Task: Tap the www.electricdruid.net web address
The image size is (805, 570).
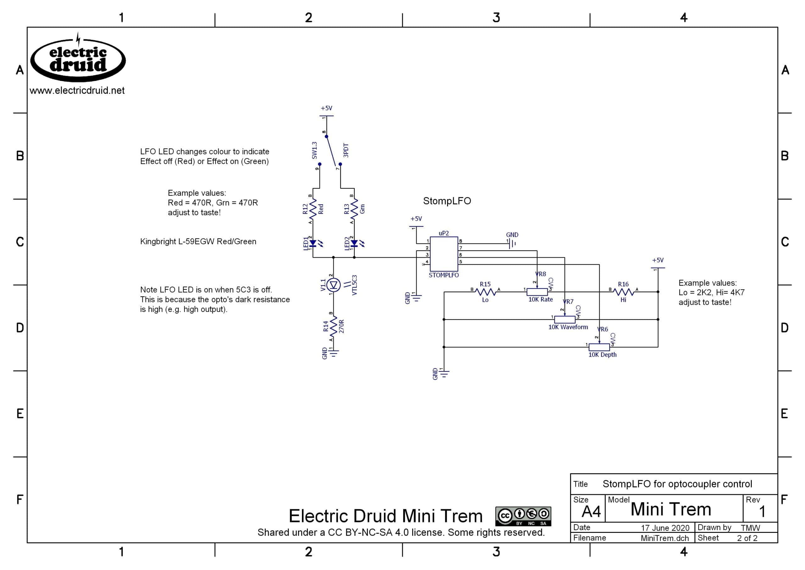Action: [77, 91]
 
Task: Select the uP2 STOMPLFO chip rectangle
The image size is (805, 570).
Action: [443, 254]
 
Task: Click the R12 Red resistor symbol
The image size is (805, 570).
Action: [313, 209]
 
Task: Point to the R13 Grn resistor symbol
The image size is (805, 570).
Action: [354, 209]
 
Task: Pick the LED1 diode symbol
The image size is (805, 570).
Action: [313, 243]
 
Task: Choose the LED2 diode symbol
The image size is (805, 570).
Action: [354, 243]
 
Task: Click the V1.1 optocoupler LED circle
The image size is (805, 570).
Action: [333, 285]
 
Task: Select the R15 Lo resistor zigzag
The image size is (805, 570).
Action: [485, 292]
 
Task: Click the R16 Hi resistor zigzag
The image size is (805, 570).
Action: [623, 292]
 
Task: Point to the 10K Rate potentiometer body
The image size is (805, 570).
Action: [537, 292]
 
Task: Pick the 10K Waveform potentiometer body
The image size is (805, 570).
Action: [564, 319]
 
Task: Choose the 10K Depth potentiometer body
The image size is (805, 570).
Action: [599, 347]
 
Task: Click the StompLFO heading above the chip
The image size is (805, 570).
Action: [447, 201]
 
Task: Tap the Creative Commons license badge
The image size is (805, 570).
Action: [523, 516]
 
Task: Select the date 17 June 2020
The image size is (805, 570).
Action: [665, 528]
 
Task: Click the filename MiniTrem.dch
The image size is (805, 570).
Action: [665, 538]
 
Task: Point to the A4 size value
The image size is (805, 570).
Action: [591, 512]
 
